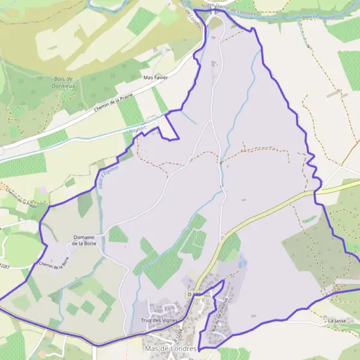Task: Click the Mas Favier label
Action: [155, 77]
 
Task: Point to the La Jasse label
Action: [337, 321]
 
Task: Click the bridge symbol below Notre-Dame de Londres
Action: [212, 11]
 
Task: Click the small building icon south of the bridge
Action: [214, 62]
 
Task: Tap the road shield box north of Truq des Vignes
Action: [193, 295]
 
